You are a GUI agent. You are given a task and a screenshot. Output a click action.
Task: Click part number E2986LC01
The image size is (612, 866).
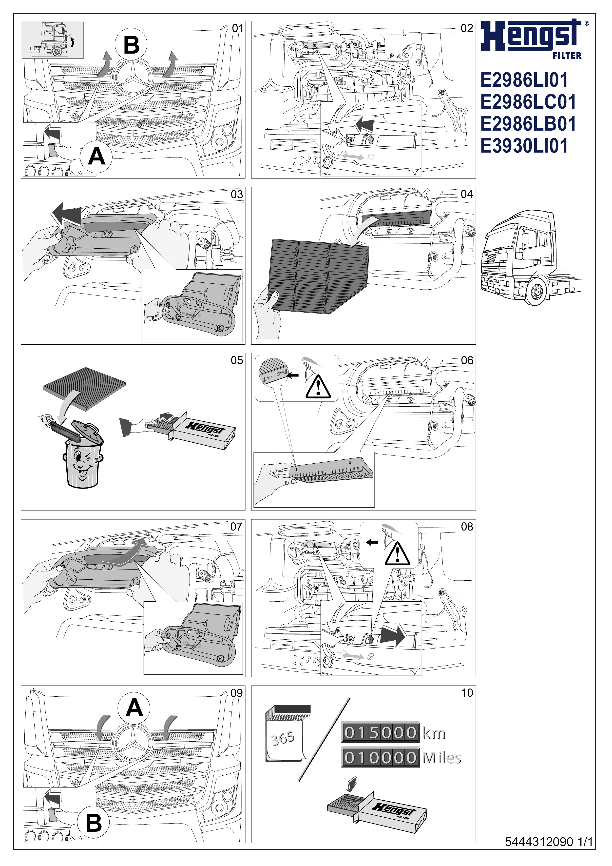pos(528,102)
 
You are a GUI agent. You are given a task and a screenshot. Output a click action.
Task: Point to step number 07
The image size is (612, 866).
pos(236,527)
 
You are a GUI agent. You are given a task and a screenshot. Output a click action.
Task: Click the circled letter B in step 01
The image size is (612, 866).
pos(132,45)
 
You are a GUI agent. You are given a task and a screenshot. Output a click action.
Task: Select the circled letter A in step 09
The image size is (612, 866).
pos(134,708)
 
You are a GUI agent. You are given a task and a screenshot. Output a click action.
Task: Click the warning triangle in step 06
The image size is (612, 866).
pos(318,387)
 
